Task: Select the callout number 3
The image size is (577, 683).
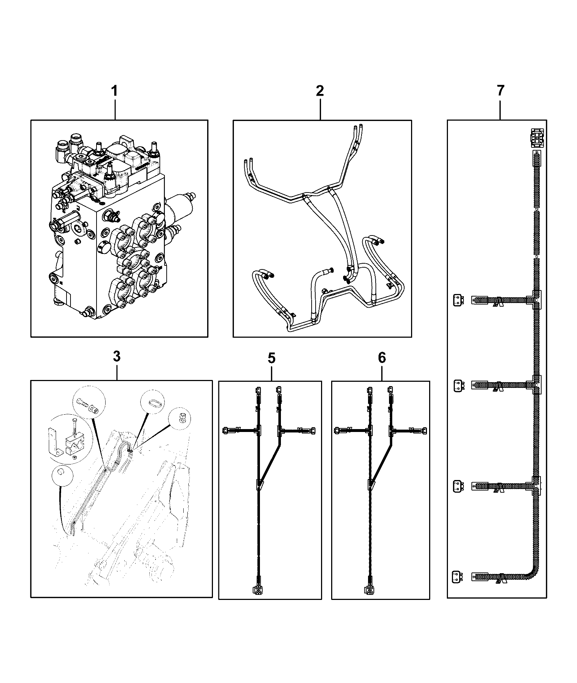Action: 116,357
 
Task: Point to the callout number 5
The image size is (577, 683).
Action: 272,358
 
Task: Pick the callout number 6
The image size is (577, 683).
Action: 382,358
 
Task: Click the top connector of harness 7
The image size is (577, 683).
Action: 537,138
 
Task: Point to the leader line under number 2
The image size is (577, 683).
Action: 320,109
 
